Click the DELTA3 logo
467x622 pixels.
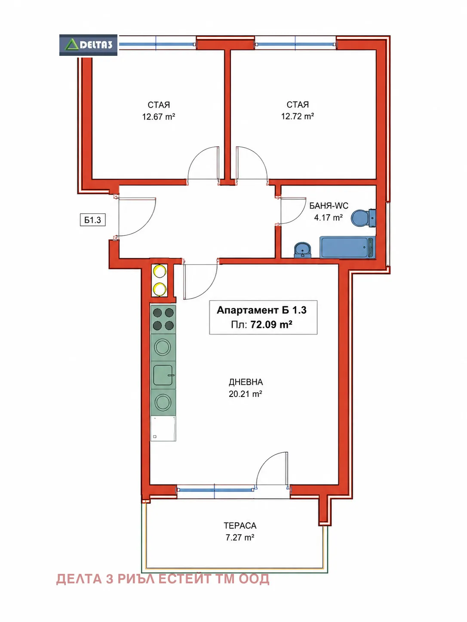point(88,45)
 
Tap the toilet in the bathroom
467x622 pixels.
point(363,218)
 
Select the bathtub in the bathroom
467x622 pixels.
point(347,247)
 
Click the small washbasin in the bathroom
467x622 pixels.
point(303,250)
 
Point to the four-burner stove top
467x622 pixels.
point(163,319)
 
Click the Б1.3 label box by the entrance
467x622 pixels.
point(93,220)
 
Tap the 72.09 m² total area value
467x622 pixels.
point(271,324)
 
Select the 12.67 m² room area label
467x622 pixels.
point(159,117)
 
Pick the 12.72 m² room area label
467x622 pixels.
point(298,116)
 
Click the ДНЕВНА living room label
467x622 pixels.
point(246,382)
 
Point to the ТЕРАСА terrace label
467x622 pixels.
point(240,526)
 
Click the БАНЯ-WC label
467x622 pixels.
point(329,206)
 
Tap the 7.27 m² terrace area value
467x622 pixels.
point(240,537)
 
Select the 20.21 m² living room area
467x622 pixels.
point(246,394)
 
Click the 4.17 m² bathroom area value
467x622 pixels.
point(329,218)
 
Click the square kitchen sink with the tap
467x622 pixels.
point(163,375)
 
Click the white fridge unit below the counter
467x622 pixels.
point(163,428)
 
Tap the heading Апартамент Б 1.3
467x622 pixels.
point(261,310)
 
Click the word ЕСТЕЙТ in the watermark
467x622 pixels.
point(185,579)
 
